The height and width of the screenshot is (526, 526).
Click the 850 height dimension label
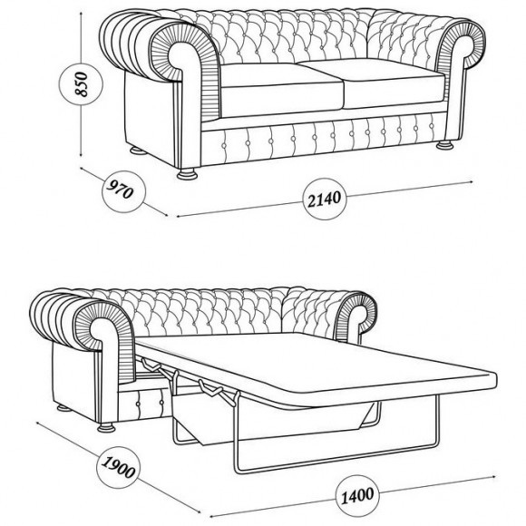[x=82, y=83]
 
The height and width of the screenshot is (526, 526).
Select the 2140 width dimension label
[x=324, y=200]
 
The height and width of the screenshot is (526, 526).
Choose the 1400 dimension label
[x=357, y=496]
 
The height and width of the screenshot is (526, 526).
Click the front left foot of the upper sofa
[x=187, y=174]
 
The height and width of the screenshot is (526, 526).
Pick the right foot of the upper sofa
[x=444, y=145]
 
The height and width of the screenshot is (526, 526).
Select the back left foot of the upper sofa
[x=138, y=151]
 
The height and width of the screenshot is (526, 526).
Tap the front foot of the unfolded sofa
[x=106, y=428]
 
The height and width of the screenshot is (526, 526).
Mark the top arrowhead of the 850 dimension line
[x=82, y=15]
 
